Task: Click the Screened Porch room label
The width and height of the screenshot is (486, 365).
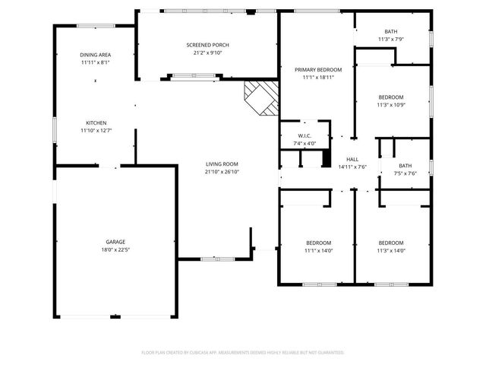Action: pyautogui.click(x=207, y=45)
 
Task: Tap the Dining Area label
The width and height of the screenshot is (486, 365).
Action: pyautogui.click(x=96, y=55)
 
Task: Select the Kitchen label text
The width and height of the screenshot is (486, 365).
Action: pyautogui.click(x=96, y=122)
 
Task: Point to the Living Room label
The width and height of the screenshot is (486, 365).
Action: pyautogui.click(x=222, y=163)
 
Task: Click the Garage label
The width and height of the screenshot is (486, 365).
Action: pyautogui.click(x=115, y=241)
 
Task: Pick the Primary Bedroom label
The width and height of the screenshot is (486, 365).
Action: pyautogui.click(x=318, y=69)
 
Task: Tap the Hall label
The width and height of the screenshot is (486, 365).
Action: pyautogui.click(x=352, y=159)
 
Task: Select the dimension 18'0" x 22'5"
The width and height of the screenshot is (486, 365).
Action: pyautogui.click(x=115, y=249)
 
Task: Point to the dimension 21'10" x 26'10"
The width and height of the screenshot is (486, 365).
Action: pyautogui.click(x=222, y=172)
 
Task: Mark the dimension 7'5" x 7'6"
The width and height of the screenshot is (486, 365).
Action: pyautogui.click(x=406, y=173)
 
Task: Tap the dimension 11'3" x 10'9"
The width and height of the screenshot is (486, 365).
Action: pyautogui.click(x=391, y=105)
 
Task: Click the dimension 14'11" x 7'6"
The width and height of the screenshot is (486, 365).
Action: pyautogui.click(x=352, y=167)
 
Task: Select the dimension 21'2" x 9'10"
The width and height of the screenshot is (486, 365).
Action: pyautogui.click(x=207, y=53)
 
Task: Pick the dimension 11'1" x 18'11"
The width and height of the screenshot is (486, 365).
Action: pyautogui.click(x=318, y=78)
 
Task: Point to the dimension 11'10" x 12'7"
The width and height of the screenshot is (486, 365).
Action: pyautogui.click(x=96, y=131)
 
